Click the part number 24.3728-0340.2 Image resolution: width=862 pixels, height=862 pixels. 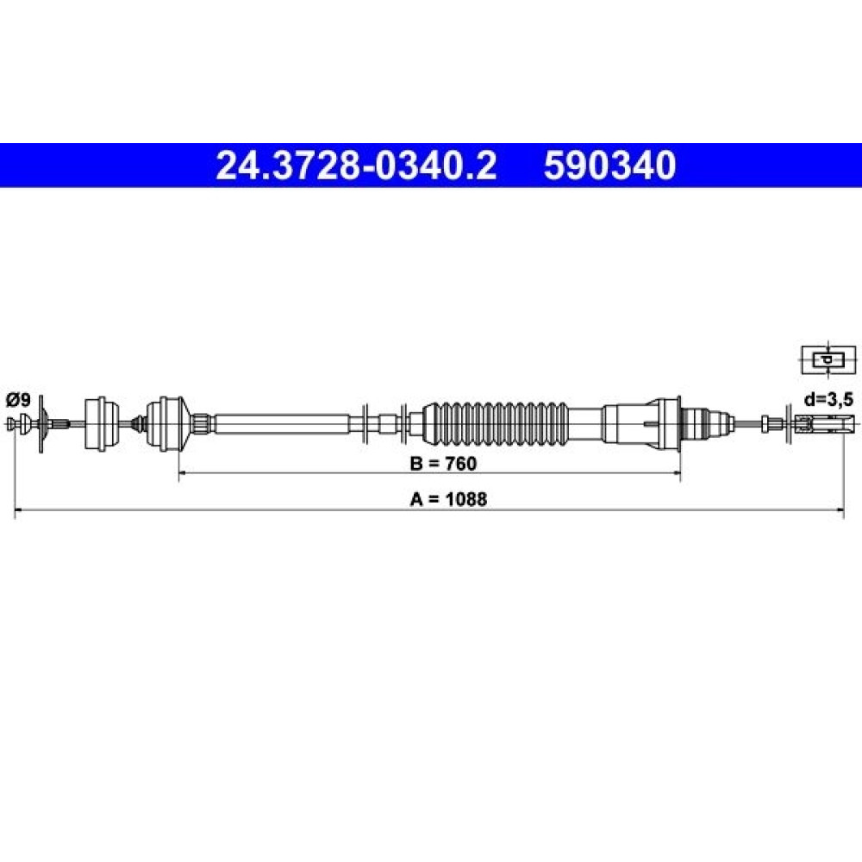[356, 166]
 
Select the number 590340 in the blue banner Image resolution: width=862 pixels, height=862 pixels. [609, 166]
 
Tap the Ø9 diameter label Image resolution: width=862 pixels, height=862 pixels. [19, 400]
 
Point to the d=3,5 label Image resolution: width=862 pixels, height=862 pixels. [828, 400]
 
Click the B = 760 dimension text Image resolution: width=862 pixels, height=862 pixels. [443, 464]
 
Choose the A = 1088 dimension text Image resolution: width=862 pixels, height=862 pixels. [448, 499]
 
